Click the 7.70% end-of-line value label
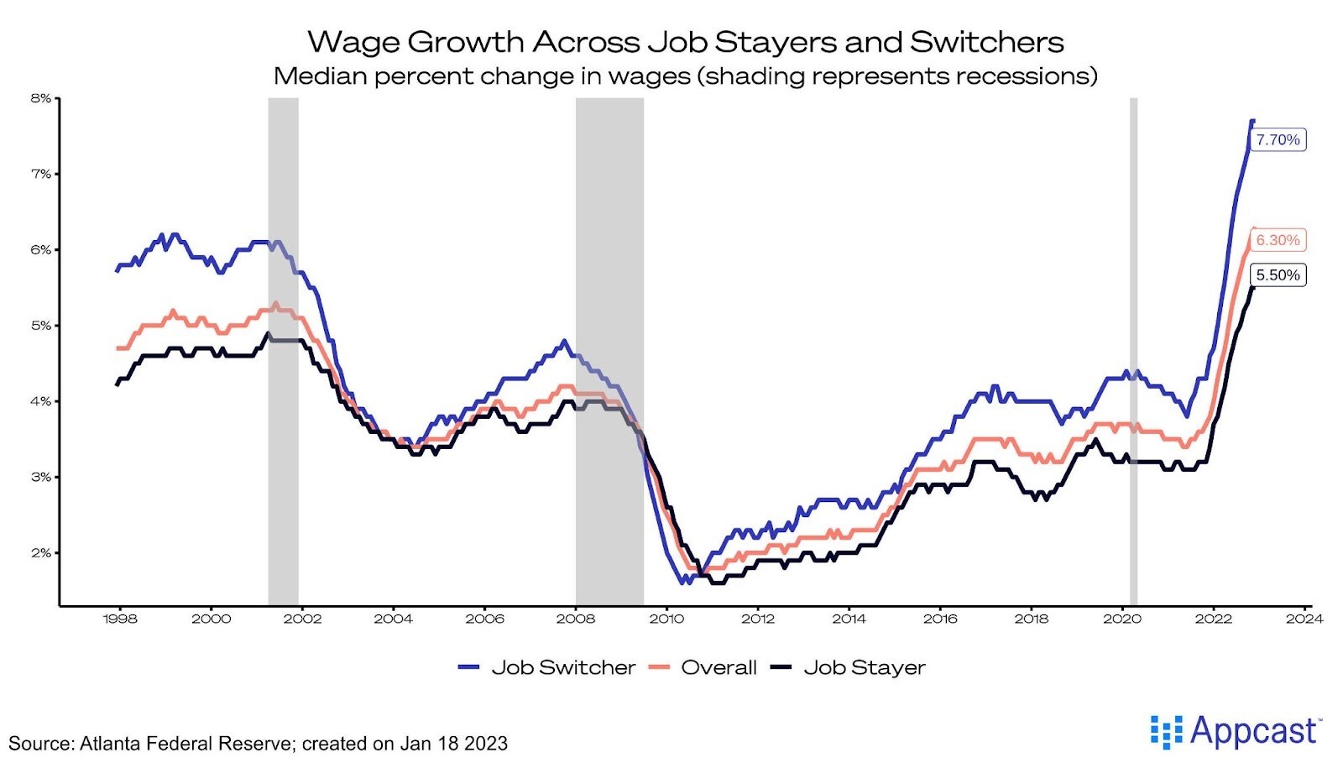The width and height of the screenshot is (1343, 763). tap(1278, 140)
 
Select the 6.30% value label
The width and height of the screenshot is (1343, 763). tap(1278, 240)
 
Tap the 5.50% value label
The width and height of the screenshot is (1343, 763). tap(1278, 275)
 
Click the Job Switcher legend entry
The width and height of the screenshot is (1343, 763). tap(547, 667)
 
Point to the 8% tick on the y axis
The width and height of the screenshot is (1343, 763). tap(40, 98)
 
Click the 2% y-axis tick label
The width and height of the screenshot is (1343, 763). tap(40, 553)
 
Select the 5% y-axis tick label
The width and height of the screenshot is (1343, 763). tap(40, 326)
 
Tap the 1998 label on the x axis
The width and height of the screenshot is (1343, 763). tap(119, 619)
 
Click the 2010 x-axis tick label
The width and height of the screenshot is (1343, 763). tap(666, 619)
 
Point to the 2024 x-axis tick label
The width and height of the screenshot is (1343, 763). tap(1304, 619)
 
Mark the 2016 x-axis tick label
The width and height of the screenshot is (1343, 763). tap(939, 619)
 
